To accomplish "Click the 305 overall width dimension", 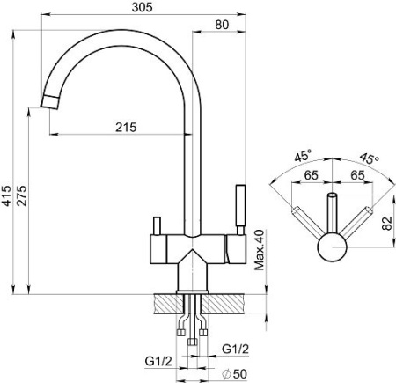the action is [143, 7].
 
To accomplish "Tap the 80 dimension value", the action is [222, 25].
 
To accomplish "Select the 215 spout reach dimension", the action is [126, 128].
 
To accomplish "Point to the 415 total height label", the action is [6, 195].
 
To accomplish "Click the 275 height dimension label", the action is [21, 195].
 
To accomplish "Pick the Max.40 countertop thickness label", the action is [260, 250].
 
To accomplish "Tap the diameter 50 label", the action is [235, 374].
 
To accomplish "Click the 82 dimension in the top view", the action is [387, 224].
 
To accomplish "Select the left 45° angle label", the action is [303, 156].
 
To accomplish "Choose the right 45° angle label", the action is [370, 158].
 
